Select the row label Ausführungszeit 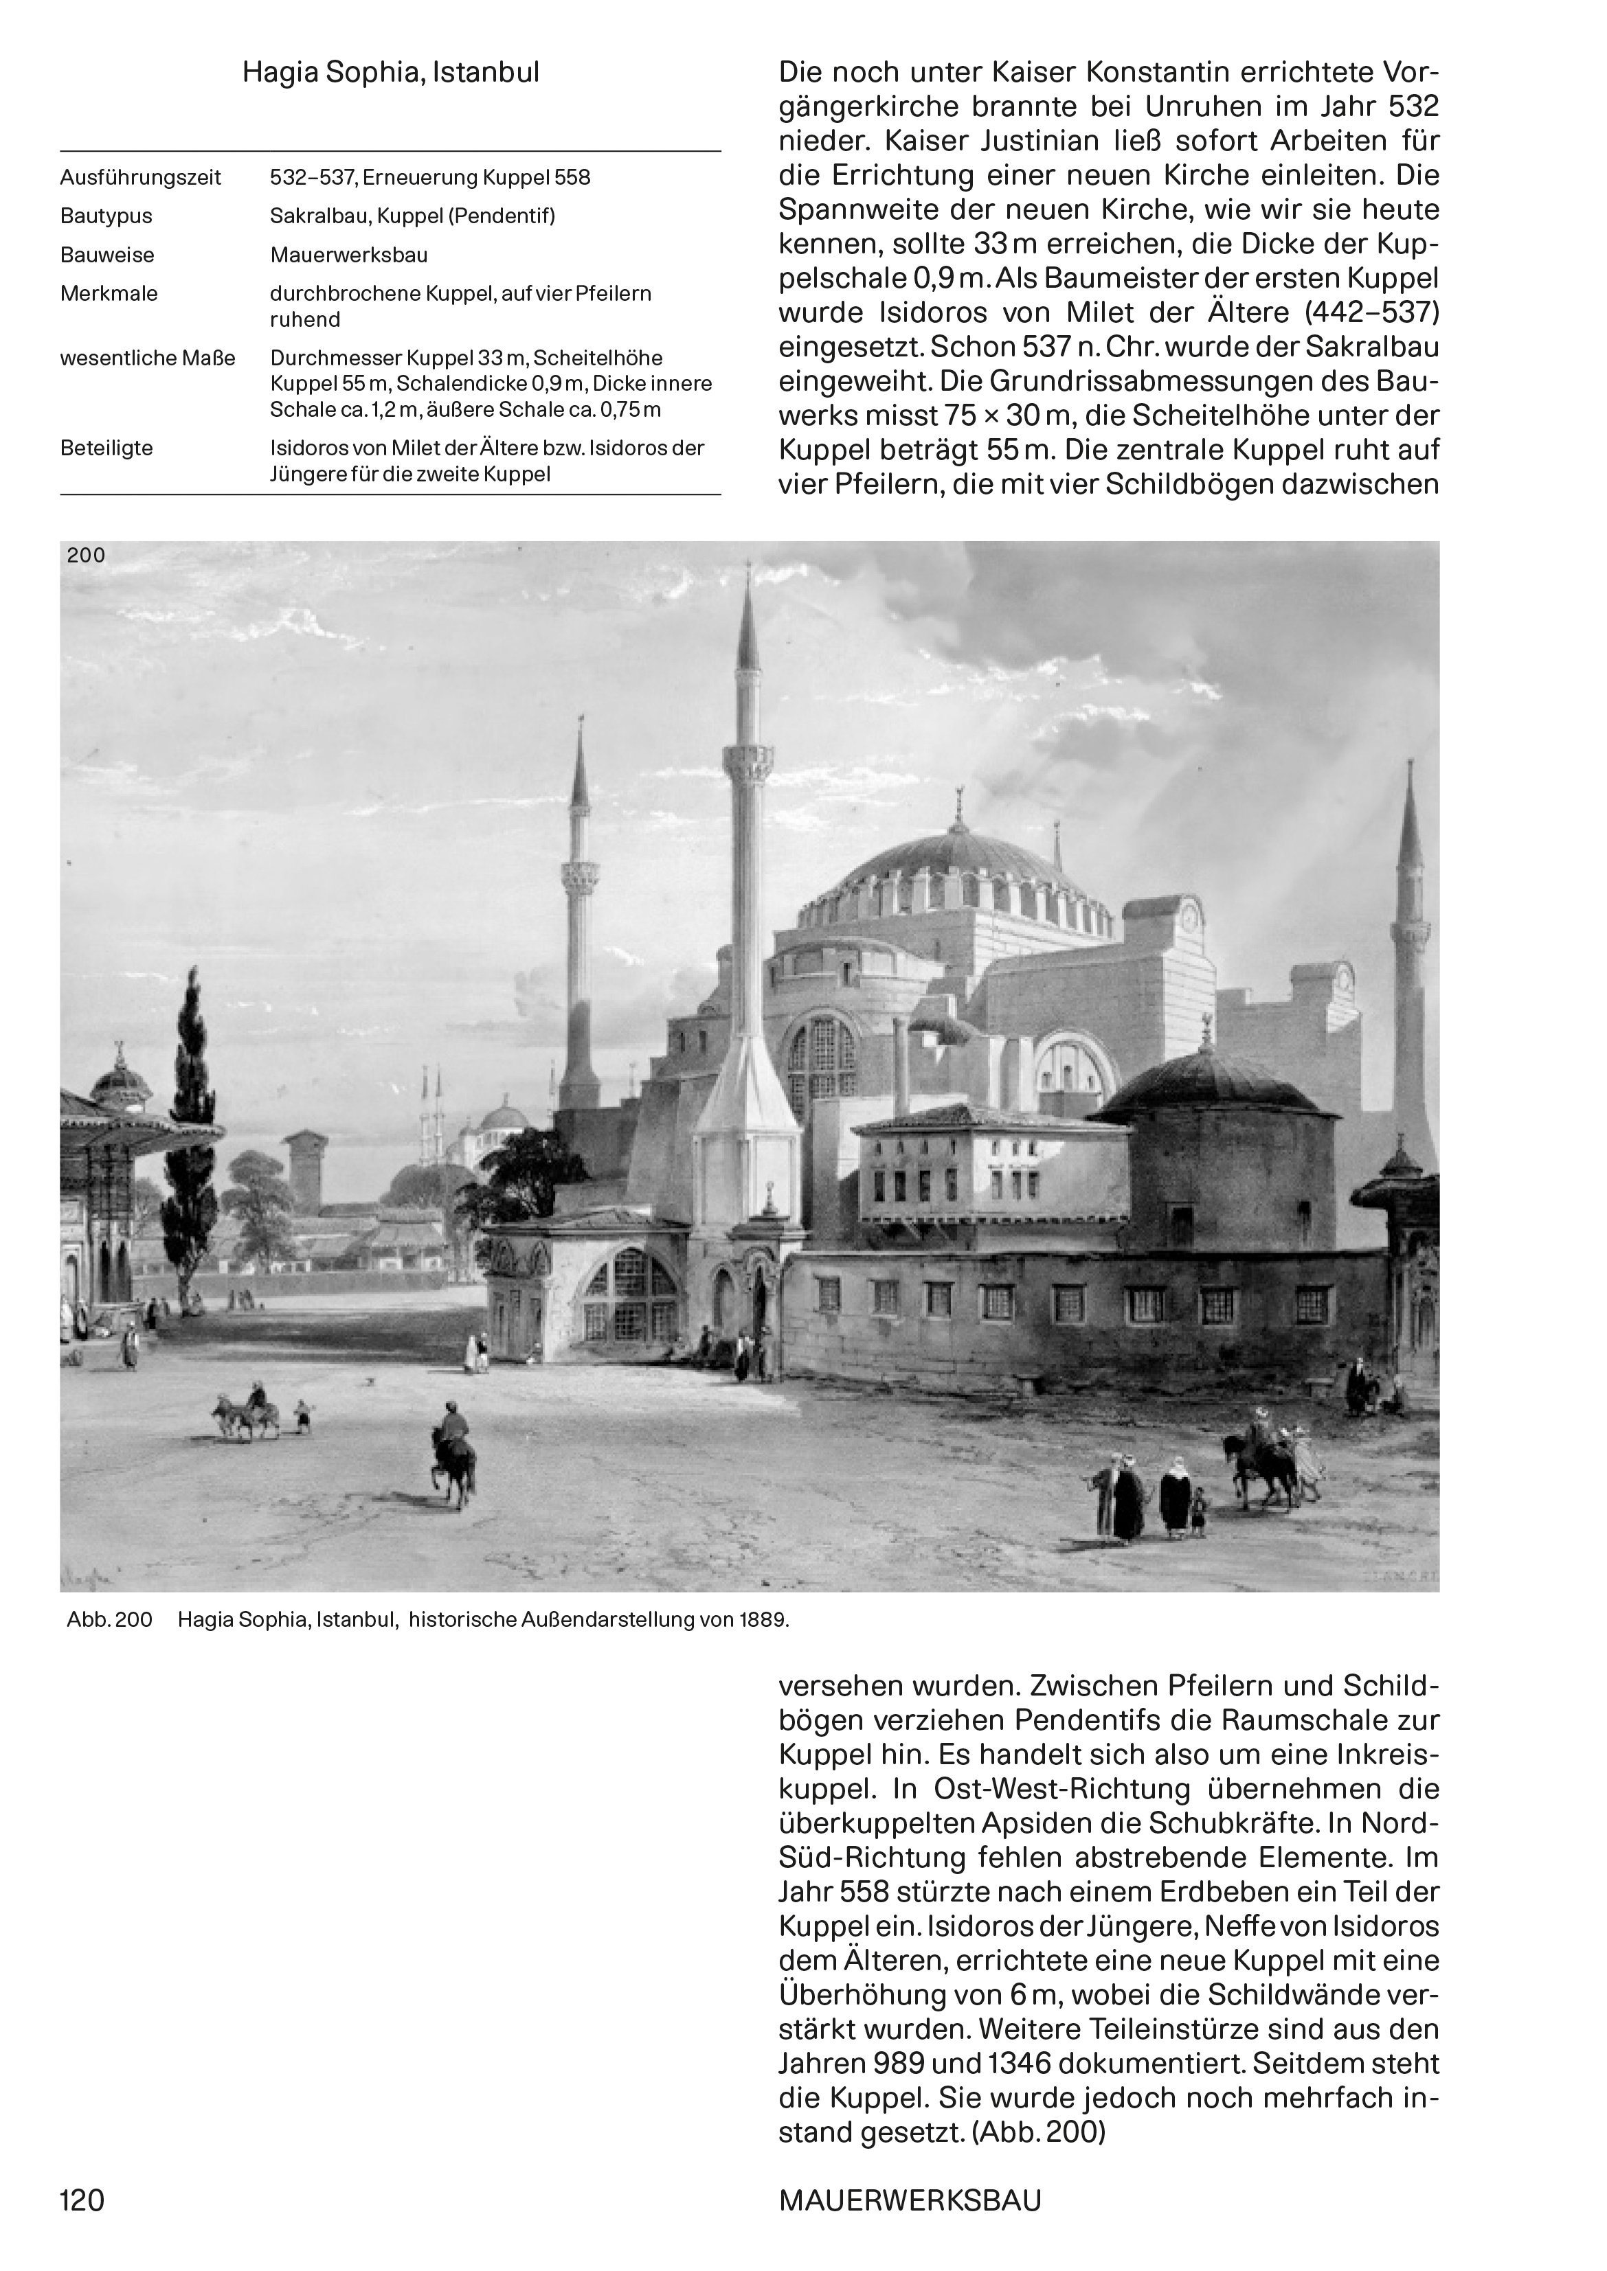(x=141, y=178)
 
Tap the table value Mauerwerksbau (x=348, y=255)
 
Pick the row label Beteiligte (x=107, y=448)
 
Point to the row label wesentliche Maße (x=148, y=358)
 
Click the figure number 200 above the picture (x=85, y=556)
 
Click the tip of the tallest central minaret (x=749, y=568)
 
